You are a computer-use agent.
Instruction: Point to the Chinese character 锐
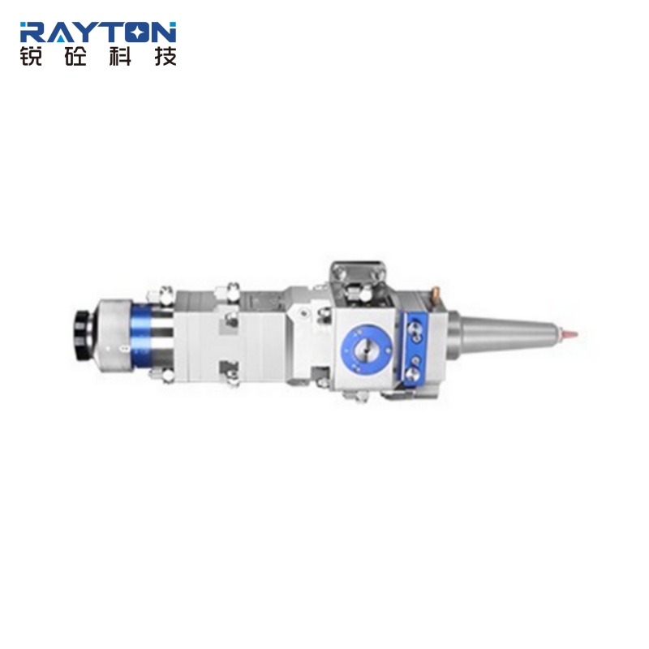tap(31, 56)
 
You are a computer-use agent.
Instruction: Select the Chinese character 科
tap(120, 56)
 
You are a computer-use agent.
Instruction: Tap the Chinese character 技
tap(165, 56)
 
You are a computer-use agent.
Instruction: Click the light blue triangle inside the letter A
tap(62, 38)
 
